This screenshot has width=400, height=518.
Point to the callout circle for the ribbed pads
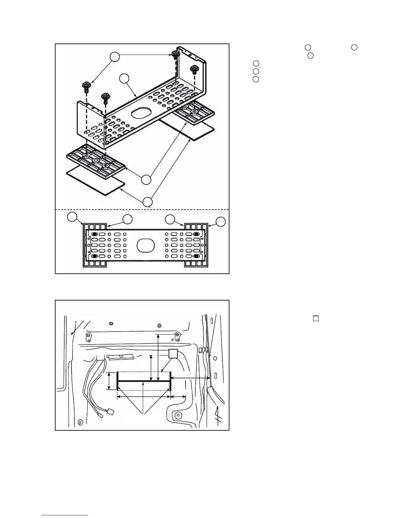146,180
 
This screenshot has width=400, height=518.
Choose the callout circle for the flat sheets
148,202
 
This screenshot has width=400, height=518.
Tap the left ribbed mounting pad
96,159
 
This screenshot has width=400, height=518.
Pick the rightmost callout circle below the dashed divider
221,221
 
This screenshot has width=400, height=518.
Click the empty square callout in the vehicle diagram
173,354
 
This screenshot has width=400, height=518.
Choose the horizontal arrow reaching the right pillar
191,378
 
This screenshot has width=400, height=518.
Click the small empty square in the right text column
316,318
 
